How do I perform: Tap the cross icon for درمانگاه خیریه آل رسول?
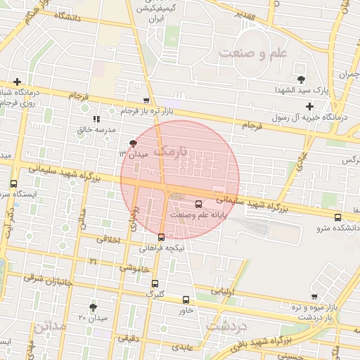310,106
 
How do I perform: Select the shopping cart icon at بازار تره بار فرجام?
146,101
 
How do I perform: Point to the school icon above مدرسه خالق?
96,119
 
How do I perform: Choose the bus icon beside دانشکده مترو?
337,217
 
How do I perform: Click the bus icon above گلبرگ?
155,283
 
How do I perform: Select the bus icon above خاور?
186,299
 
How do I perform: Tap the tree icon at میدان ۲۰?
93,307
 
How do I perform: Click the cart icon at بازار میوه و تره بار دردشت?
314,297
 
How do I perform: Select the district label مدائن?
49,327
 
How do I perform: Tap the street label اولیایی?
226,290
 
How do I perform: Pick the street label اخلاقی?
108,240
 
